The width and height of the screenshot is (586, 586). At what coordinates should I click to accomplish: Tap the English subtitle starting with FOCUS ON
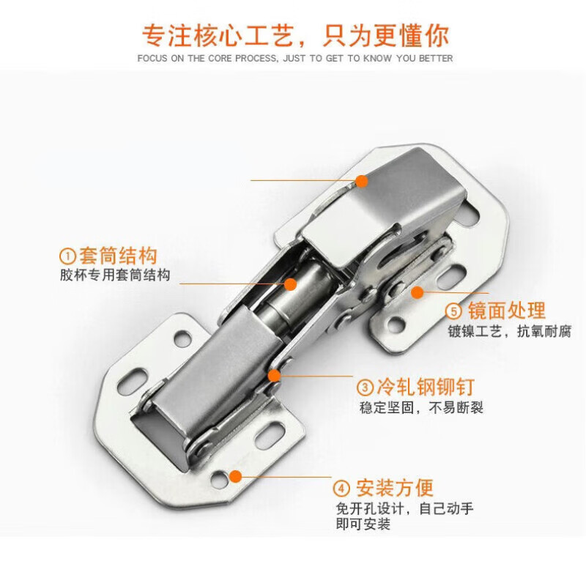click(x=294, y=59)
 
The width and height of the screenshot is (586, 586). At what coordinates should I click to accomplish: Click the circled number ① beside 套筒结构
click(x=67, y=256)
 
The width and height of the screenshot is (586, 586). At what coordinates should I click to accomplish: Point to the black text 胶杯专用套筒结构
click(x=115, y=275)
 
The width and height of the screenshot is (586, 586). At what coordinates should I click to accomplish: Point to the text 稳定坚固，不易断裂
click(x=421, y=407)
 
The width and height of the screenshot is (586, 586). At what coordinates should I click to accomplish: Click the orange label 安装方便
click(x=395, y=487)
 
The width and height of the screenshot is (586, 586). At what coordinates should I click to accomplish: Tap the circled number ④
click(x=341, y=488)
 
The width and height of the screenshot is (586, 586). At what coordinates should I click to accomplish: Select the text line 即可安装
click(x=363, y=524)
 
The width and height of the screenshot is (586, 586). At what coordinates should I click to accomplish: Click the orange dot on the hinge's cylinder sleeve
click(x=290, y=283)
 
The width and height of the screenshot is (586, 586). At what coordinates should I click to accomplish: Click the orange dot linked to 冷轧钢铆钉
click(x=275, y=376)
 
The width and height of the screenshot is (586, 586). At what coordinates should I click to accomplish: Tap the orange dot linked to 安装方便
click(x=236, y=476)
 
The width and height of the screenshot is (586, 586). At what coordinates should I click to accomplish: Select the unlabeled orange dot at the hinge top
click(x=362, y=180)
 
